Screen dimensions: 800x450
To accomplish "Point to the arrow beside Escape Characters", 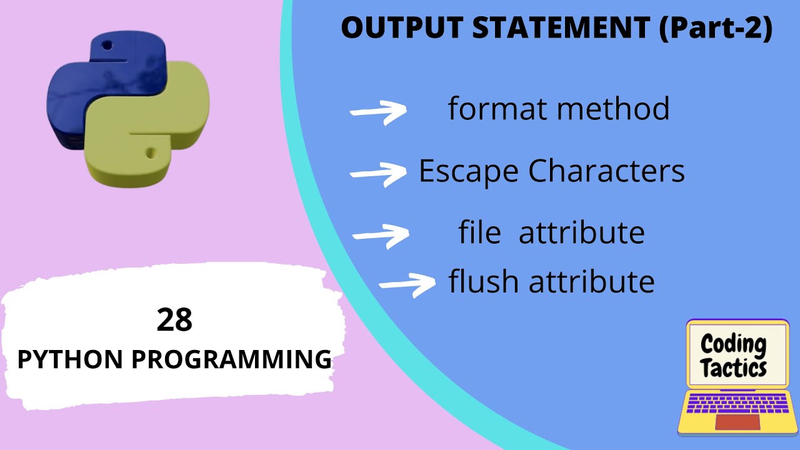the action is coord(378,174).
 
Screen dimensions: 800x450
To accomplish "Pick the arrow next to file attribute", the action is coord(381,235).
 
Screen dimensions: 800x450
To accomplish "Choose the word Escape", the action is coord(469,171).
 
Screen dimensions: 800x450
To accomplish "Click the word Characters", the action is coord(607,171).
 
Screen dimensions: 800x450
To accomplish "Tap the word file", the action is coord(479,232).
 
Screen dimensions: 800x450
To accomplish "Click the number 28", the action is coord(175,320).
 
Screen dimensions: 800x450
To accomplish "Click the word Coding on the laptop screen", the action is coord(733,344).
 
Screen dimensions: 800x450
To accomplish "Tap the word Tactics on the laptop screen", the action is coord(734,368).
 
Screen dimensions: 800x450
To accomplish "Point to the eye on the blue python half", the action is coord(107,46).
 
